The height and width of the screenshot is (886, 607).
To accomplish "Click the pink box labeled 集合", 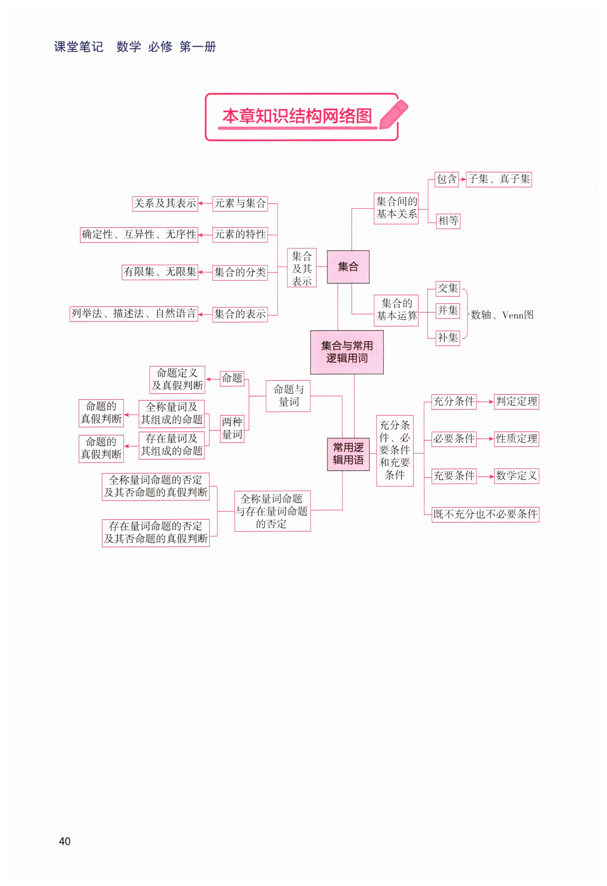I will coord(348,266).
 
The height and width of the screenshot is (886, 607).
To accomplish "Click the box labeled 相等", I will coord(448,221).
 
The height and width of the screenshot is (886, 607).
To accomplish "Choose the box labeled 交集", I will coord(448,288).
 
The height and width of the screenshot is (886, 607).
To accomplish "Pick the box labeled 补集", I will coord(448,338).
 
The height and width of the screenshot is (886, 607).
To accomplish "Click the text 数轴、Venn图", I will coord(502,315).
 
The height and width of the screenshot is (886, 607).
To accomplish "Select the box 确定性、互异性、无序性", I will coord(139,235).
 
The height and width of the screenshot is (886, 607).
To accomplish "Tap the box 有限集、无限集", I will coord(160,272).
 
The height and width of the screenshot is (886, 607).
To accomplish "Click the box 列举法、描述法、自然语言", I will coord(134,314).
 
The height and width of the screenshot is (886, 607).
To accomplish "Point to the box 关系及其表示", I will coord(165,203).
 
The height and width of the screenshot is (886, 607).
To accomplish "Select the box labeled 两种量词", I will coord(232,429).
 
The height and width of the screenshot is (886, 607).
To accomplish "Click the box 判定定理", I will coord(516,401).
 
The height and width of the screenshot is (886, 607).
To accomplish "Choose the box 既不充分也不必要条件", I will coord(485,514).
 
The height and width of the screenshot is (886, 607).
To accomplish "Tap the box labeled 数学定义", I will coord(516,476).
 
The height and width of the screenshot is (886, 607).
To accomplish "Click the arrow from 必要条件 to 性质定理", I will coord(485,439).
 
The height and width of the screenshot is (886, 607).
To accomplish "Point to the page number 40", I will coord(65,841).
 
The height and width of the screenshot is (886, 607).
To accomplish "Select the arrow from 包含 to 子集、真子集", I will coord(462,179).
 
